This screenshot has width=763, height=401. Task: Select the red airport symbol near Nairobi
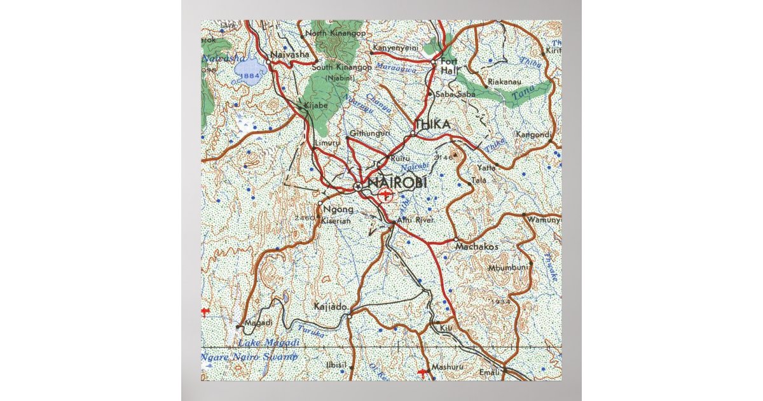pos(385,194)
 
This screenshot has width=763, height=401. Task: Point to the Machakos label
pos(478,246)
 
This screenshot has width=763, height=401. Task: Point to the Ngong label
pos(338,209)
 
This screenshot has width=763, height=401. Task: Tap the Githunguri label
pos(368,134)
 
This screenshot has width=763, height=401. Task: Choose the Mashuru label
pos(446,367)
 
